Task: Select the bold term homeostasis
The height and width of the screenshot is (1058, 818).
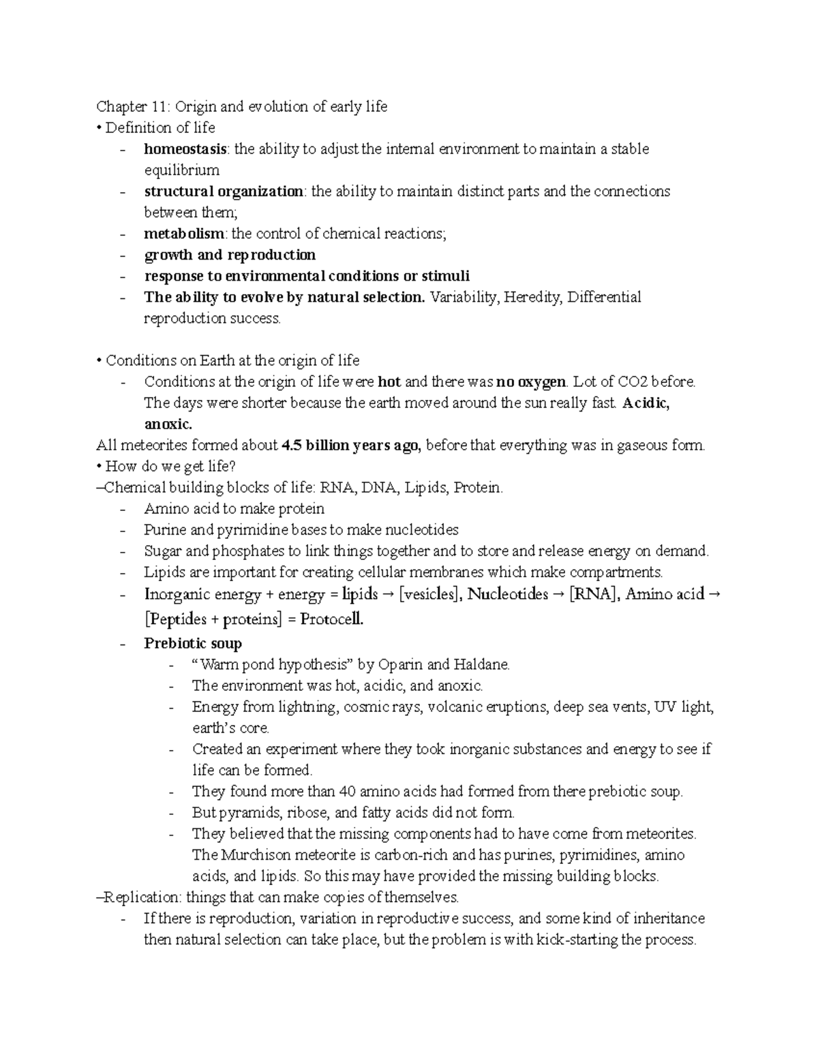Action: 185,149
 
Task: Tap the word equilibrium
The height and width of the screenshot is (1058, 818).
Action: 182,170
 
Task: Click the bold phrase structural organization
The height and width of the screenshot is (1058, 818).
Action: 224,191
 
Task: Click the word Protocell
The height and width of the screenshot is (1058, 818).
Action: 329,619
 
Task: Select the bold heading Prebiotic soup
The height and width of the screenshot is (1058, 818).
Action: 193,643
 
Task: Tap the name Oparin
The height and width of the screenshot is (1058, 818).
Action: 402,664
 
